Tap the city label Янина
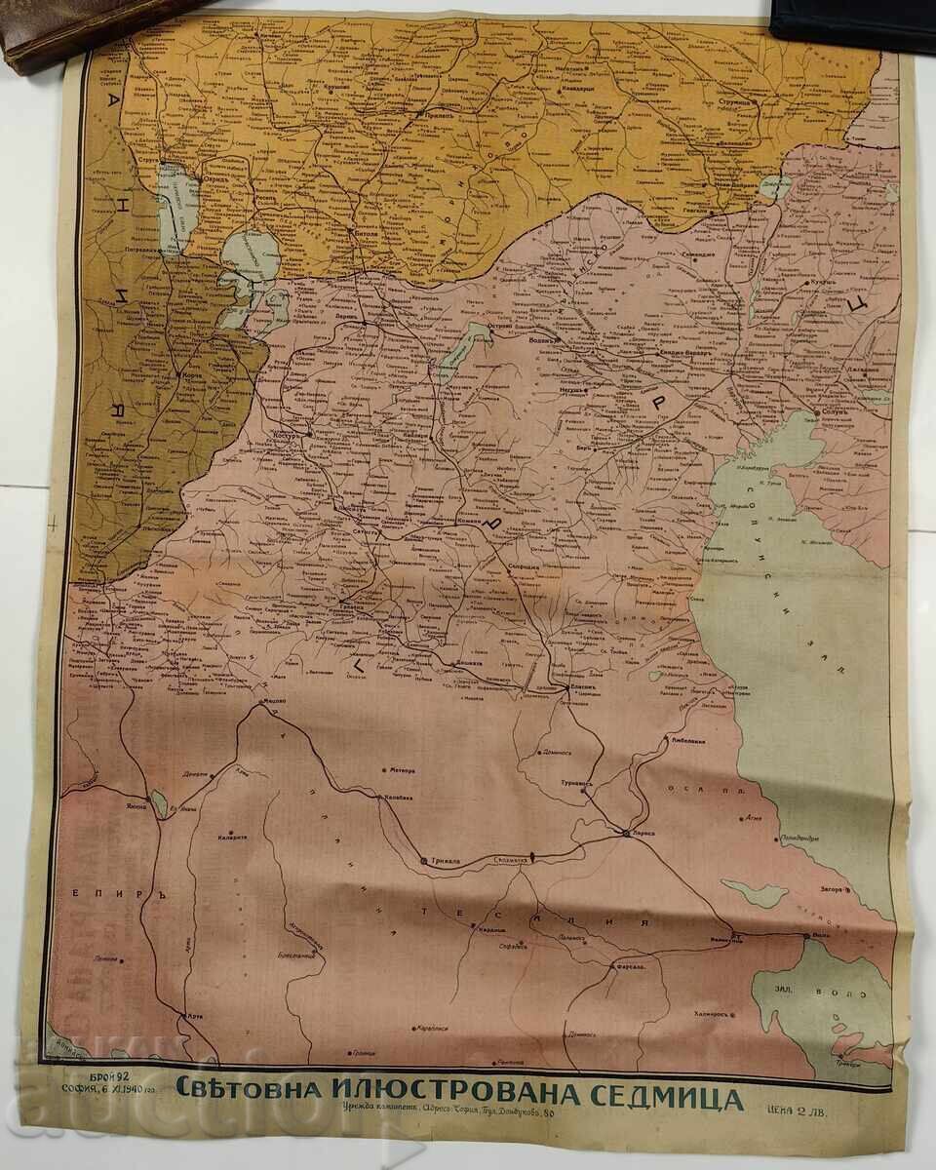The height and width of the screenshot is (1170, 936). point(136,793)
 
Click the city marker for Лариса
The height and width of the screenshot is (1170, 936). point(625,833)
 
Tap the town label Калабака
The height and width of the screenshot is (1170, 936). point(394,798)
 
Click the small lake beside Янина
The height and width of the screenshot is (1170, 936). point(159,806)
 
